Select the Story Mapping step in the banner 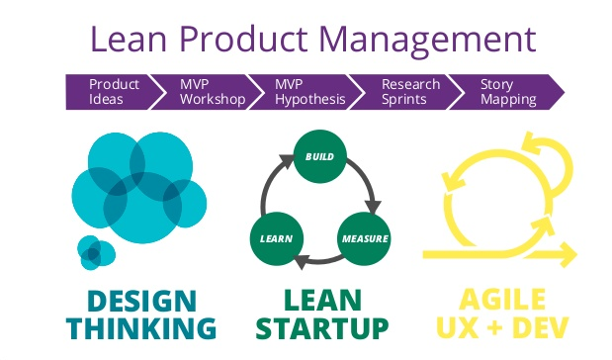(x=507, y=92)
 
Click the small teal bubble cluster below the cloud (x=95, y=253)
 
